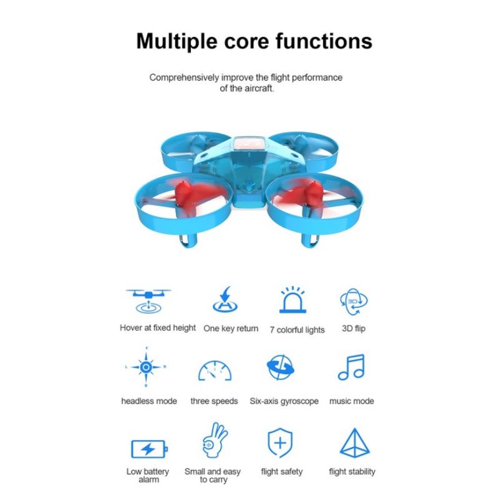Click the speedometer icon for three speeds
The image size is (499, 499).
215,371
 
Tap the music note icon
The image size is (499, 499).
351,367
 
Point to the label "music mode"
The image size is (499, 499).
352,401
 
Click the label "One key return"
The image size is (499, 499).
231,328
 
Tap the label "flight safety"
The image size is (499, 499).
281,472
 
